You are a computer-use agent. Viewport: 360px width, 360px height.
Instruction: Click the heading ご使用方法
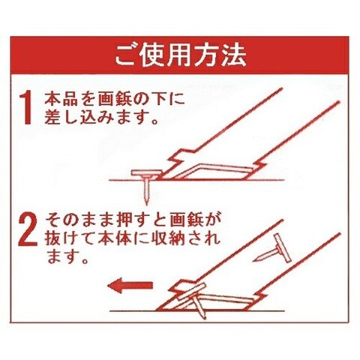click(181, 55)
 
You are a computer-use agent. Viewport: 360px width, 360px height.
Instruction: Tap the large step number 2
click(28, 230)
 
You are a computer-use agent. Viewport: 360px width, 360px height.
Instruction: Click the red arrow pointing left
click(130, 286)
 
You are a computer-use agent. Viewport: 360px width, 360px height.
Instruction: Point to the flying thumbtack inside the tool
click(274, 250)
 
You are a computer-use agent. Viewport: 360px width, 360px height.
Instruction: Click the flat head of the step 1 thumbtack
click(146, 172)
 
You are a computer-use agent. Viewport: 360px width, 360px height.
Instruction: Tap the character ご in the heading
click(126, 55)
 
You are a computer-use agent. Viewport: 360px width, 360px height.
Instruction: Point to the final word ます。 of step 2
click(67, 256)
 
